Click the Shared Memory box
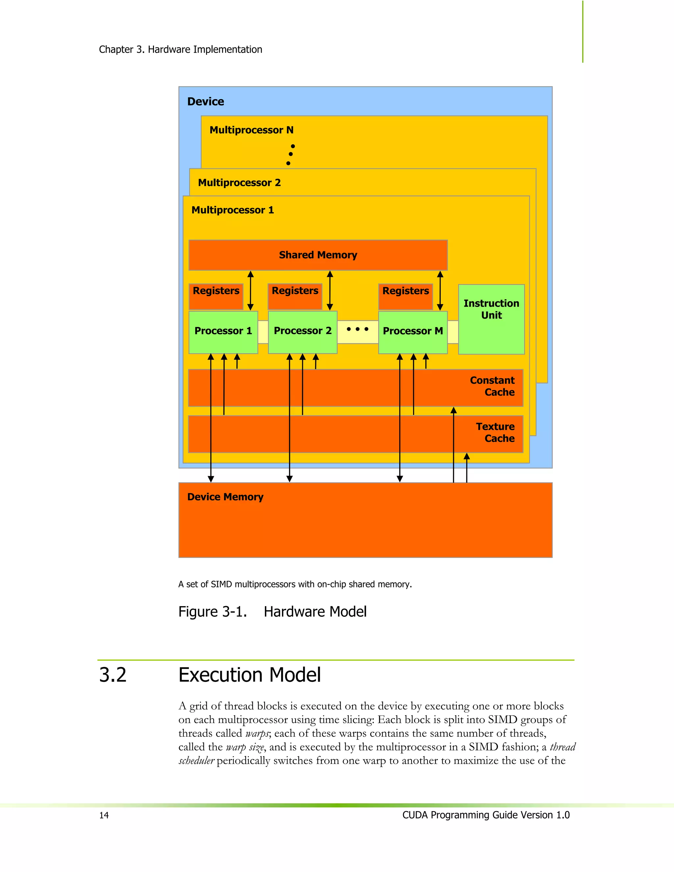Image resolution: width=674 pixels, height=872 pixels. pyautogui.click(x=318, y=255)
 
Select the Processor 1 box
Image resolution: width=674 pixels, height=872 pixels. pyautogui.click(x=223, y=331)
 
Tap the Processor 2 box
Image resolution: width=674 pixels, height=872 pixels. pyautogui.click(x=303, y=331)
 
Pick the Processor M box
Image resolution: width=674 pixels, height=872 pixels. pyautogui.click(x=413, y=331)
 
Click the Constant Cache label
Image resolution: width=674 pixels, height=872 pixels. pyautogui.click(x=492, y=386)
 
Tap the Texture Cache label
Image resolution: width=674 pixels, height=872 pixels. pyautogui.click(x=496, y=432)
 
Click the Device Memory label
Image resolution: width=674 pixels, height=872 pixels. pyautogui.click(x=225, y=497)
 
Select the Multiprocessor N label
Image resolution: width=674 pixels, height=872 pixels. pyautogui.click(x=251, y=130)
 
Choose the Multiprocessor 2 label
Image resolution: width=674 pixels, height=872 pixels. pyautogui.click(x=240, y=183)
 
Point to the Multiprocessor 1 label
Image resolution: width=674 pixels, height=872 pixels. pyautogui.click(x=233, y=210)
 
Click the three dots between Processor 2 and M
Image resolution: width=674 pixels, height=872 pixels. pyautogui.click(x=357, y=329)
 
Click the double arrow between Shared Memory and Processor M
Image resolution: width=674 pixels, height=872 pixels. pyautogui.click(x=440, y=290)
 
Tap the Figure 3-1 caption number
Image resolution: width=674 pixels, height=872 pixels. pyautogui.click(x=212, y=612)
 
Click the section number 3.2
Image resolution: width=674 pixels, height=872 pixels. pyautogui.click(x=113, y=675)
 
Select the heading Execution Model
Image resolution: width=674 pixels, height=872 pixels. pyautogui.click(x=249, y=675)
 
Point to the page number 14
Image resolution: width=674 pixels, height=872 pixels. pyautogui.click(x=104, y=815)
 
